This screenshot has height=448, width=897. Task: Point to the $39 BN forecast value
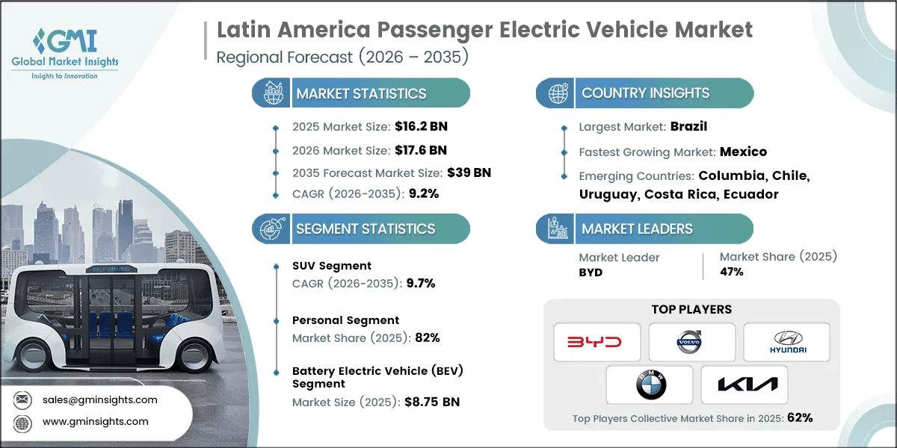pyautogui.click(x=469, y=172)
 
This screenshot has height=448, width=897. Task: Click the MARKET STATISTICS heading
pyautogui.click(x=361, y=93)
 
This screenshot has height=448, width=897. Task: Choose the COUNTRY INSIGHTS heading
pyautogui.click(x=645, y=93)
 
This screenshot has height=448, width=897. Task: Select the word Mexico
pyautogui.click(x=743, y=152)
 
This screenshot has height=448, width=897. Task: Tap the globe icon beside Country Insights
pyautogui.click(x=558, y=93)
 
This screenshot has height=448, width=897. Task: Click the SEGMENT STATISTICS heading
pyautogui.click(x=365, y=228)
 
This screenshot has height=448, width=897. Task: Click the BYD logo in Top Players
pyautogui.click(x=597, y=342)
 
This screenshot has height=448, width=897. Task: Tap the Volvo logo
pyautogui.click(x=691, y=342)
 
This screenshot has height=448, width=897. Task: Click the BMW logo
pyautogui.click(x=649, y=385)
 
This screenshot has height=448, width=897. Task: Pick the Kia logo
pyautogui.click(x=744, y=385)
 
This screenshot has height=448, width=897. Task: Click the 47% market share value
pyautogui.click(x=732, y=272)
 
